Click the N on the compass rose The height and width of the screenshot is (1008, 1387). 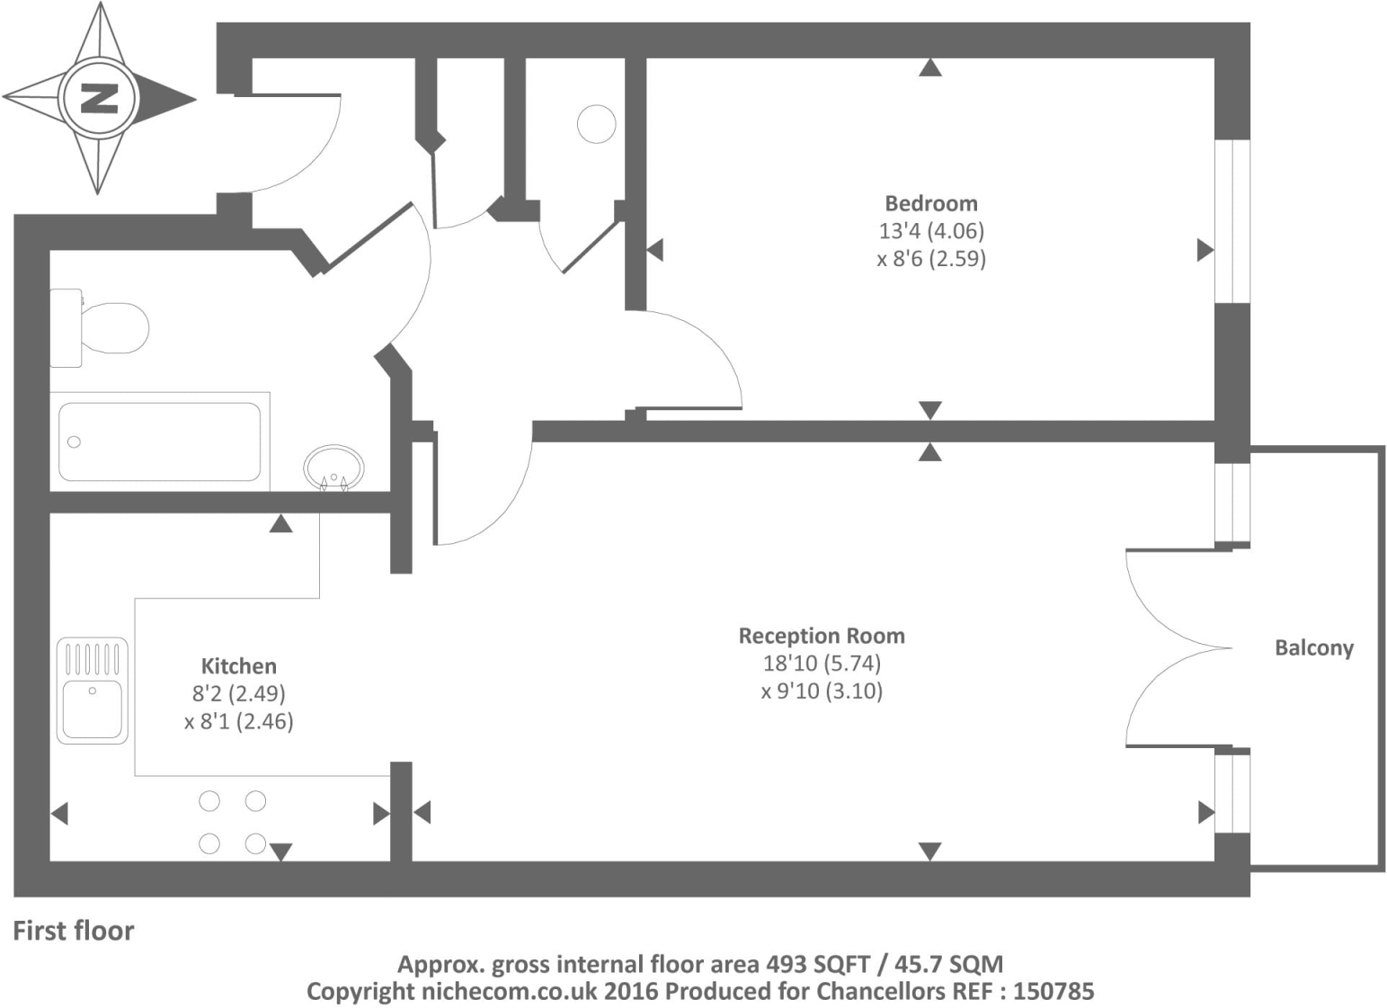(x=99, y=97)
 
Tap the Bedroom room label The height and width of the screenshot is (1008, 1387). (x=930, y=203)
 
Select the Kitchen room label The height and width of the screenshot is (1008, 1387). (x=238, y=666)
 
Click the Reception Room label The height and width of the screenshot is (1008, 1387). (x=821, y=636)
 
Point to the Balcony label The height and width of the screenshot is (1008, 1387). (x=1313, y=648)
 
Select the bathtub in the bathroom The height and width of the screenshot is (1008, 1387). (x=160, y=442)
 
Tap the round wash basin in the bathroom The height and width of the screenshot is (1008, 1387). (x=333, y=468)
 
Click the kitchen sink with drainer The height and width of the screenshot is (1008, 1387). (x=93, y=691)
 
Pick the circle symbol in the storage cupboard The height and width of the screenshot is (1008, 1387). (x=596, y=124)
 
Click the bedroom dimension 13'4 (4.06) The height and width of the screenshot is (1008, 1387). (x=930, y=231)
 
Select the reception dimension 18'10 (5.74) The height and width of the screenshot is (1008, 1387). (x=821, y=664)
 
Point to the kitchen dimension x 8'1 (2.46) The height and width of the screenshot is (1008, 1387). (x=238, y=721)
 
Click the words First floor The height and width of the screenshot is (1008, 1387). (x=73, y=931)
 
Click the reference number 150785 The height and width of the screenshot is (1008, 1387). (x=1053, y=992)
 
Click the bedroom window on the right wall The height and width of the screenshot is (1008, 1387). (x=1232, y=221)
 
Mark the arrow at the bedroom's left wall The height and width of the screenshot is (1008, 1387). (x=654, y=250)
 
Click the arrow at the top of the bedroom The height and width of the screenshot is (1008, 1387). (x=930, y=67)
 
